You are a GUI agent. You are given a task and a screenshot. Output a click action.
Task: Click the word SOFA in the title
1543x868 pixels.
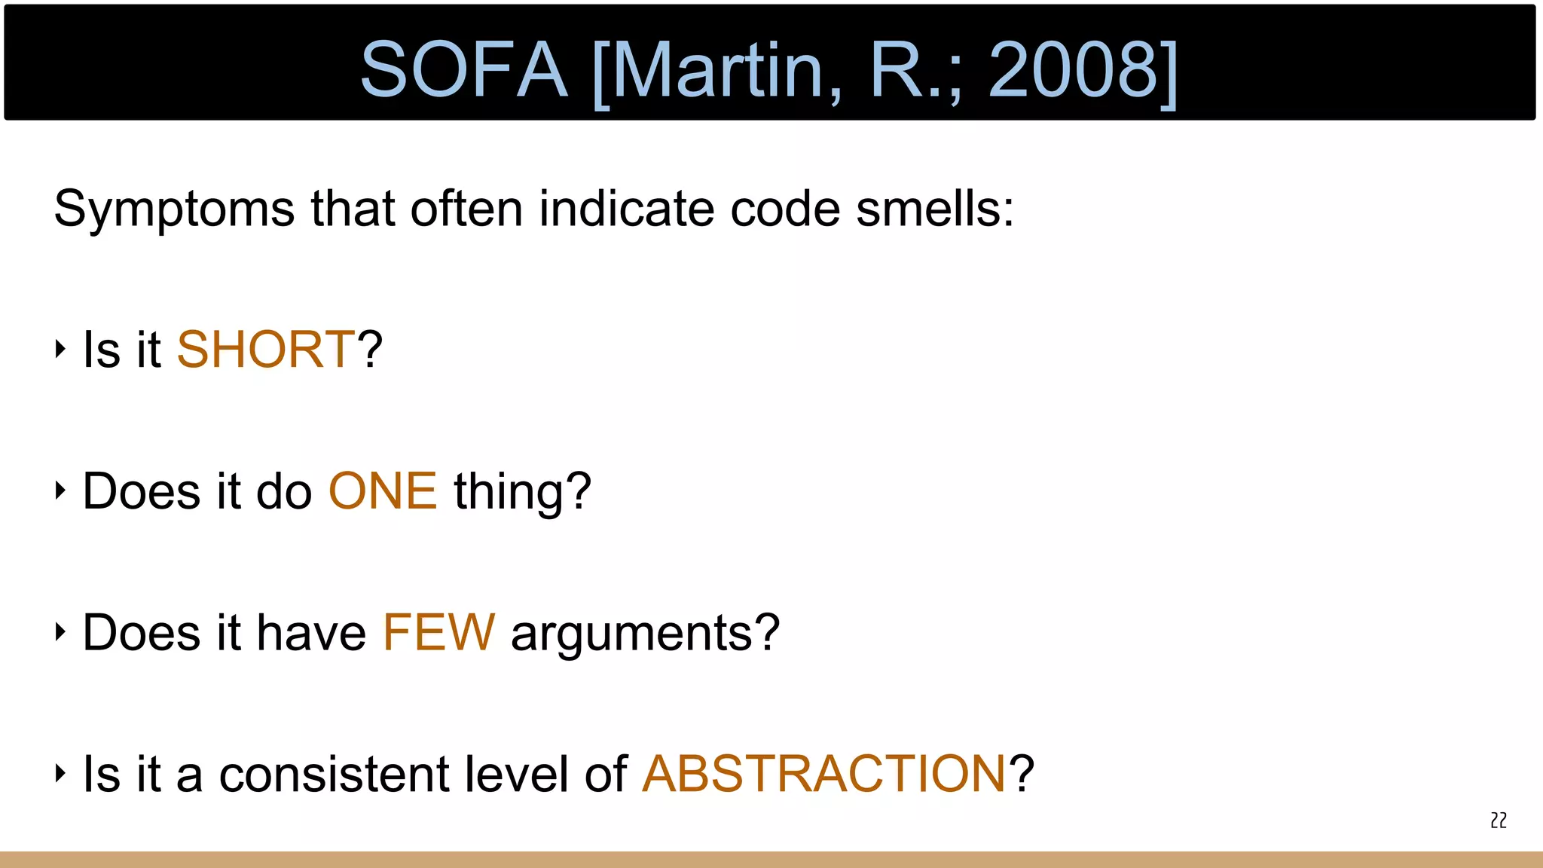click(463, 69)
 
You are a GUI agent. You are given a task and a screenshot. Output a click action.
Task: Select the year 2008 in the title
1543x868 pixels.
click(1073, 69)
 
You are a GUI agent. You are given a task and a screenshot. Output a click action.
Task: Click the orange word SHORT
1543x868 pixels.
click(265, 350)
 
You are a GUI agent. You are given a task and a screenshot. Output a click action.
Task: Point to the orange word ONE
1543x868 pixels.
click(383, 491)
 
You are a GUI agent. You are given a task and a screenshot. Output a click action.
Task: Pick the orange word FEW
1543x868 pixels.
click(438, 632)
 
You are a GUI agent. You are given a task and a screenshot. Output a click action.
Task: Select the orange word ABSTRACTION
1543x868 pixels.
click(823, 774)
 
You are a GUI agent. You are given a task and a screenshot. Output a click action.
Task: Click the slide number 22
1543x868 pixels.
click(1499, 821)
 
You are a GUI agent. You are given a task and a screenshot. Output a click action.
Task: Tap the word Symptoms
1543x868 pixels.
click(174, 209)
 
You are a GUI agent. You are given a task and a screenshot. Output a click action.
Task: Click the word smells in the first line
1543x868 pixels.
click(934, 209)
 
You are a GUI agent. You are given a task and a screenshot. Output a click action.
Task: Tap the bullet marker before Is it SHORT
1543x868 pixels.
click(60, 349)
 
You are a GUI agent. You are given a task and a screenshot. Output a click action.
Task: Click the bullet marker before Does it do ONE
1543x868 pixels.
click(60, 491)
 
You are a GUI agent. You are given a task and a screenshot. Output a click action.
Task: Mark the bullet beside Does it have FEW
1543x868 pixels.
click(60, 631)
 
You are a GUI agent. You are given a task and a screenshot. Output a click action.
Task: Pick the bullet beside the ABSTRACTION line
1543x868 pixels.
click(60, 773)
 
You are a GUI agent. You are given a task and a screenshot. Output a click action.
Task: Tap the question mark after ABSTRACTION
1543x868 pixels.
click(1022, 774)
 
